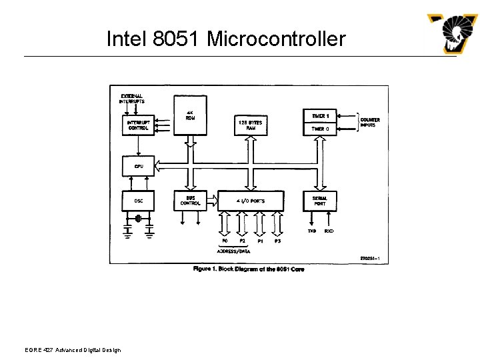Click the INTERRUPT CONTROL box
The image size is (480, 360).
[138, 125]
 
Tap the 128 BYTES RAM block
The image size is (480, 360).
[251, 125]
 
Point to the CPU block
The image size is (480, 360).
[138, 166]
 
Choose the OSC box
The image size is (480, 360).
[138, 201]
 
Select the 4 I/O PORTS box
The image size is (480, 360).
[251, 201]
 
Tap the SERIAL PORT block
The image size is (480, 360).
[320, 201]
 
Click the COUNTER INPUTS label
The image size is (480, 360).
[370, 123]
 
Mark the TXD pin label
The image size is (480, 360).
[311, 231]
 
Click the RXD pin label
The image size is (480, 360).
[329, 231]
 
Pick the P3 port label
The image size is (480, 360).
[277, 240]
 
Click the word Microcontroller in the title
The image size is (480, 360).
[276, 39]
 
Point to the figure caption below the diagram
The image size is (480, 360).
[249, 269]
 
